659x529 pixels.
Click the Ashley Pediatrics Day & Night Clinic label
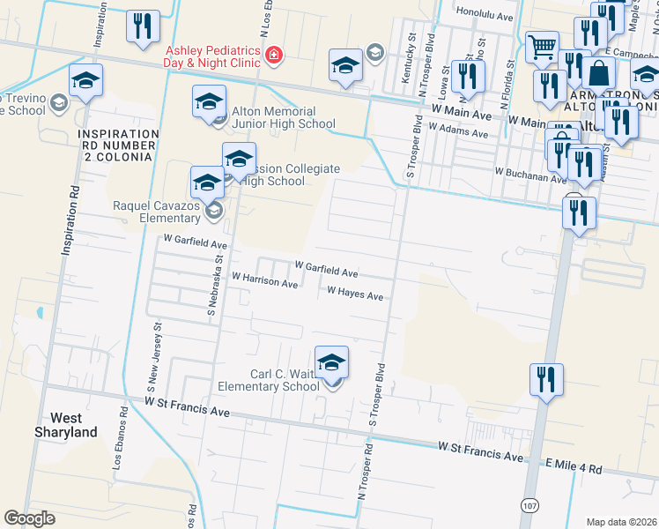pos(211,56)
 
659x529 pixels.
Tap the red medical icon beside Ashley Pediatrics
pos(274,56)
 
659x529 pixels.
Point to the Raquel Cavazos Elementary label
pos(156,212)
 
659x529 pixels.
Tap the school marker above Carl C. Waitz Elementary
pos(331,362)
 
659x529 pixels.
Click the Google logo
pos(29,518)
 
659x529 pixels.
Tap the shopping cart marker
pos(542,47)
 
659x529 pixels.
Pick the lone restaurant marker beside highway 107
pos(546,380)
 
